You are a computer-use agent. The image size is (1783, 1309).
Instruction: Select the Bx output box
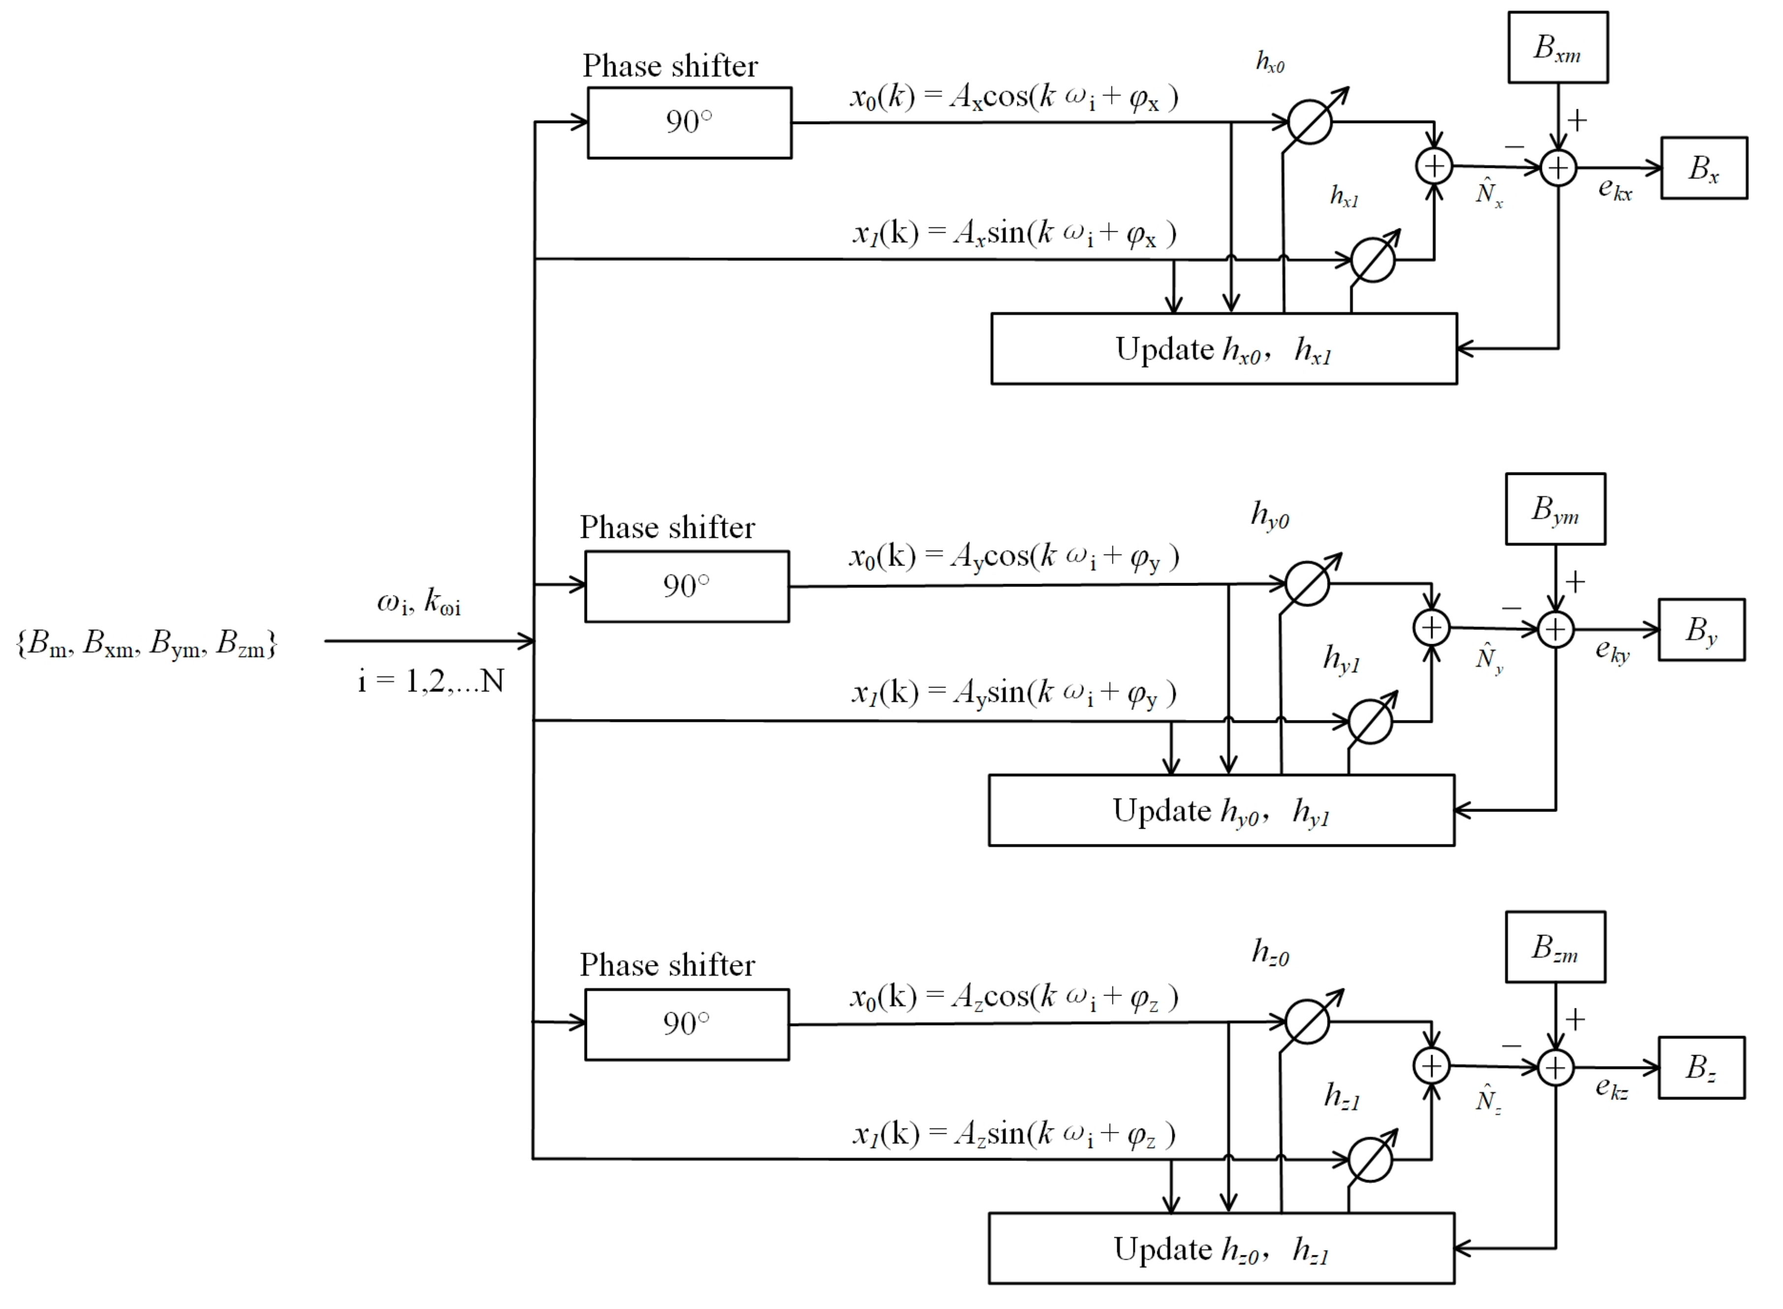(1703, 168)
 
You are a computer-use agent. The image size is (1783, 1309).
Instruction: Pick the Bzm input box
(1554, 947)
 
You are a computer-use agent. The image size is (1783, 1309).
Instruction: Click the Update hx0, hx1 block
(1223, 348)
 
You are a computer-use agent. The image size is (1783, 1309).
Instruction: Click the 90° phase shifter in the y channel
(686, 587)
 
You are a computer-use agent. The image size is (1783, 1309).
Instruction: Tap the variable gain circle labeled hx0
(1309, 122)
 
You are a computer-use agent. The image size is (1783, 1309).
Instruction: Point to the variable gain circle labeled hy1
(1370, 721)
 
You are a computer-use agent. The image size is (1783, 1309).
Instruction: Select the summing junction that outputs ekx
(1558, 168)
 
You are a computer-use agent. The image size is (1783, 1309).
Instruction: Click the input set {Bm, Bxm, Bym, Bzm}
(147, 643)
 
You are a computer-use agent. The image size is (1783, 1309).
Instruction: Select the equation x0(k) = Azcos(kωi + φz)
(1014, 997)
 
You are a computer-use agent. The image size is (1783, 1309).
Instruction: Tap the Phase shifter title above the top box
(669, 66)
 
